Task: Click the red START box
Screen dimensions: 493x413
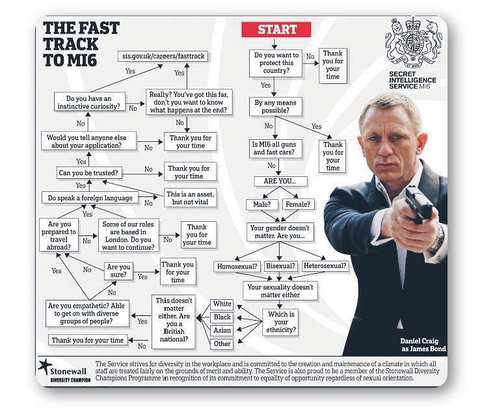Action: pyautogui.click(x=276, y=29)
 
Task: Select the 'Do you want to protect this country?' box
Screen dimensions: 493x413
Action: pyautogui.click(x=276, y=63)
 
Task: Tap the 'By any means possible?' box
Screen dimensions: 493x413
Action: pyautogui.click(x=275, y=107)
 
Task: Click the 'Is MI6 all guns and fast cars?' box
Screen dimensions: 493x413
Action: pyautogui.click(x=275, y=149)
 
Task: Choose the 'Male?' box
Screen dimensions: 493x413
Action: pyautogui.click(x=262, y=204)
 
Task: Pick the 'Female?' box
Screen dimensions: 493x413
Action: pyautogui.click(x=298, y=204)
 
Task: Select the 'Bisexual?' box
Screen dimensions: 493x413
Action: pyautogui.click(x=281, y=266)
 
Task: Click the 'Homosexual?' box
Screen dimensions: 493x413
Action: pyautogui.click(x=237, y=267)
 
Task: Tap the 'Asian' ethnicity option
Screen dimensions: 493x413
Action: pyautogui.click(x=222, y=330)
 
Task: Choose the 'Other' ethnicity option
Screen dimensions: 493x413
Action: pyautogui.click(x=222, y=344)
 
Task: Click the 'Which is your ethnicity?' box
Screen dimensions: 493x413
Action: pyautogui.click(x=281, y=322)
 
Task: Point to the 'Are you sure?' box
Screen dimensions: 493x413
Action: pyautogui.click(x=118, y=271)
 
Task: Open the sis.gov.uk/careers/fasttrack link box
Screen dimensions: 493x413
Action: pyautogui.click(x=163, y=57)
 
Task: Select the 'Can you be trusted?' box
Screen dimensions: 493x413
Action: pyautogui.click(x=89, y=173)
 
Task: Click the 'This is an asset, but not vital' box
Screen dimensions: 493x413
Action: pyautogui.click(x=190, y=198)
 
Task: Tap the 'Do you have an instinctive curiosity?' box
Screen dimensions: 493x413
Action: pyautogui.click(x=89, y=102)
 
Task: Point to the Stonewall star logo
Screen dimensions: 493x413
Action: pyautogui.click(x=46, y=367)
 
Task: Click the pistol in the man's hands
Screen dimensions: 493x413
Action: pyautogui.click(x=419, y=204)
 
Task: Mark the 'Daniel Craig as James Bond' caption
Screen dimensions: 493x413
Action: pyautogui.click(x=423, y=345)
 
